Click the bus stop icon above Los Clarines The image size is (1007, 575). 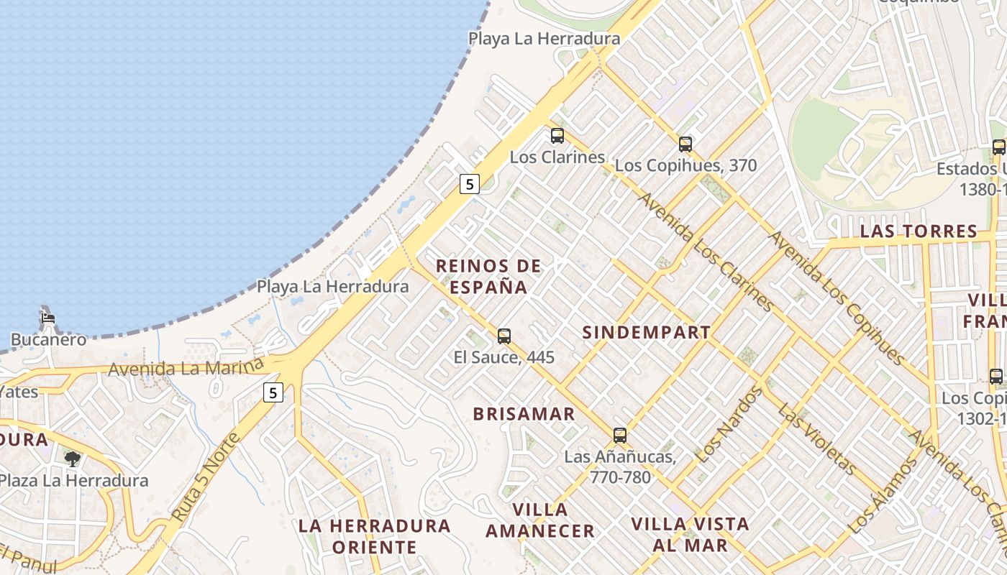coord(557,135)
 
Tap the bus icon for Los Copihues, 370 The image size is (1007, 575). coord(685,144)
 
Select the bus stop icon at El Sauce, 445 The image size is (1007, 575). coord(504,336)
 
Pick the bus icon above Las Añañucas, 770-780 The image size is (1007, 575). coord(620,435)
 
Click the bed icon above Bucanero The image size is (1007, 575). coord(47,317)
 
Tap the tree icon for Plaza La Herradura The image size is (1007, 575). coord(72,459)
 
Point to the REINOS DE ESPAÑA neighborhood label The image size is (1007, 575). coord(488,277)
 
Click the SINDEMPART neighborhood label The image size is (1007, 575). coord(646,333)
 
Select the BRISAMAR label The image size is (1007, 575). coord(524,414)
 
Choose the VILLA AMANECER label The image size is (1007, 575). coord(539,520)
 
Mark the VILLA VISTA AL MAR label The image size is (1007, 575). coord(691,534)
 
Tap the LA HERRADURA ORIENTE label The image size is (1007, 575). coord(374,536)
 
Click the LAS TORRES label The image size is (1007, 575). coord(919,231)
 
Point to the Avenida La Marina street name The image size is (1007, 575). coord(186,367)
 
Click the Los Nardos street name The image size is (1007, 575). coord(729,424)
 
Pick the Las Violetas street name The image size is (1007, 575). coord(817,439)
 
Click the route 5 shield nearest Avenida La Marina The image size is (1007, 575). coord(273,392)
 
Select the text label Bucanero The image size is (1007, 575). coord(48,339)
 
